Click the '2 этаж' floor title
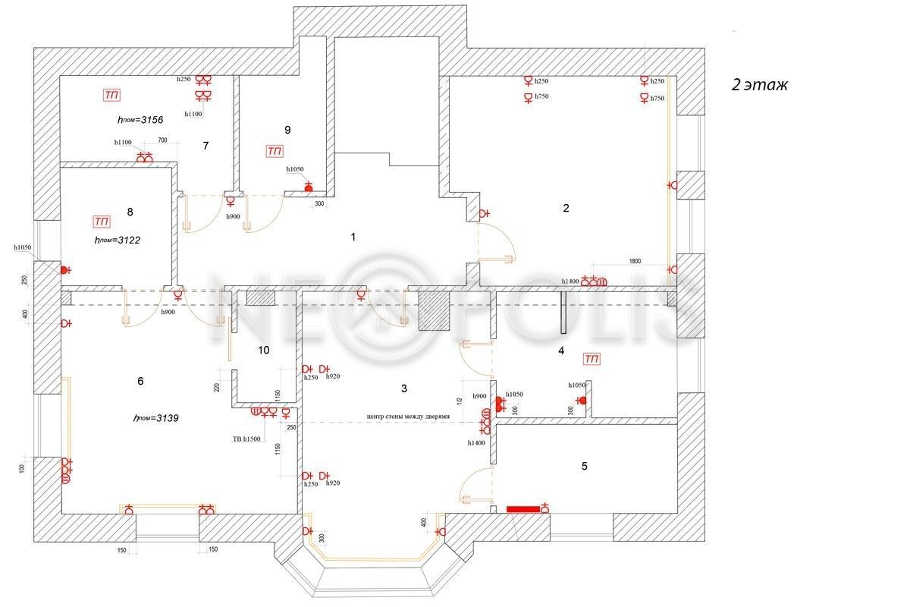759,85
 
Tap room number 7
206,146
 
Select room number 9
287,130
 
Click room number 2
566,208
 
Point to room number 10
263,350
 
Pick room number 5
584,466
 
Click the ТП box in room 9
275,151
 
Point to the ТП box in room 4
591,358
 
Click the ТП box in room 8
101,222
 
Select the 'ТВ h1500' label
246,439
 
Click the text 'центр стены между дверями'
408,417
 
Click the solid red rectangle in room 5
522,509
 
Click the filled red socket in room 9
309,187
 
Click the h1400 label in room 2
570,281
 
